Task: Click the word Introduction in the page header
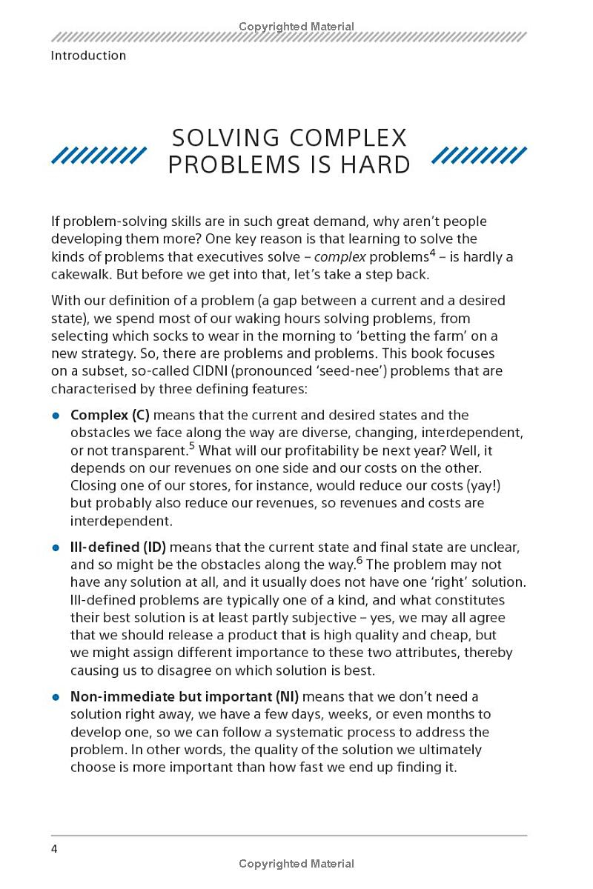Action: coord(88,56)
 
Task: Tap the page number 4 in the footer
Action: coord(54,848)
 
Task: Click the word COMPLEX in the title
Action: coord(348,139)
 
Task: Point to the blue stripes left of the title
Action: coord(99,155)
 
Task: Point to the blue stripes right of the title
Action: coord(479,155)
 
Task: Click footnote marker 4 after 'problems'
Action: coord(432,252)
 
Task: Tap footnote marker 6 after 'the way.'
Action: coord(359,560)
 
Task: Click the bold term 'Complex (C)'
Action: coord(110,415)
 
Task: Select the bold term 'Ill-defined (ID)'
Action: coord(118,547)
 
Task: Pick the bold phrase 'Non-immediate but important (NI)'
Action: coord(185,696)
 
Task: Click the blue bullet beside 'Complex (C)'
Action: coord(56,416)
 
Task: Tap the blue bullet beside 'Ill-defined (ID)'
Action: coord(56,547)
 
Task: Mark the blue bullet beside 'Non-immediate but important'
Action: coord(56,697)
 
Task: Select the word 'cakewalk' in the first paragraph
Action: coord(81,274)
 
